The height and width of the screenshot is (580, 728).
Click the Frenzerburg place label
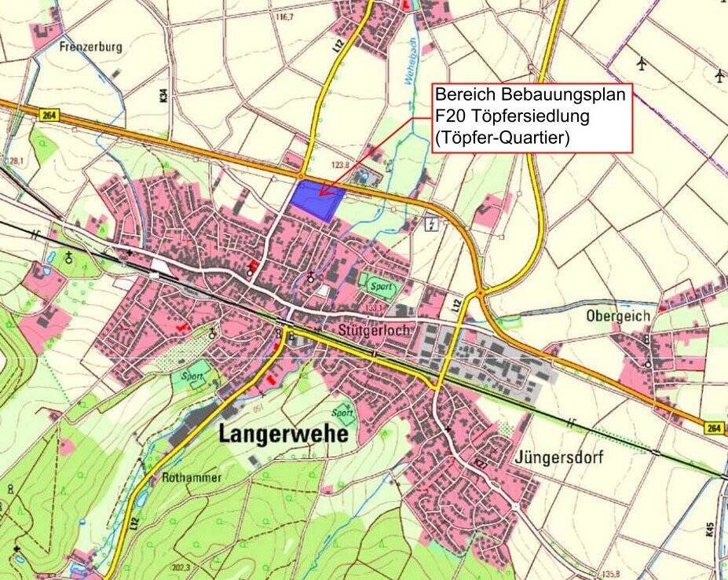pyautogui.click(x=91, y=47)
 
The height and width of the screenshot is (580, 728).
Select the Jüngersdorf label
pyautogui.click(x=559, y=458)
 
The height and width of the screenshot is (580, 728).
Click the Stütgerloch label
pyautogui.click(x=375, y=331)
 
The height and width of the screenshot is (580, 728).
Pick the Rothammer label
pyautogui.click(x=192, y=477)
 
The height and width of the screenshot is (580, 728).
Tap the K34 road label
pyautogui.click(x=163, y=96)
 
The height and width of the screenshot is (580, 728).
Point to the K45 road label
pyautogui.click(x=710, y=529)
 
